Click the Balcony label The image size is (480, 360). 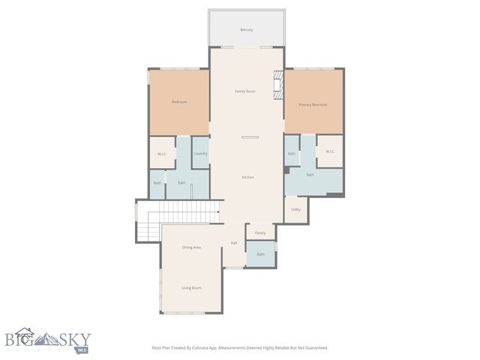[246, 30]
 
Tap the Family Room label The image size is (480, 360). [245, 91]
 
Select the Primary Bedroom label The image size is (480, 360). [313, 105]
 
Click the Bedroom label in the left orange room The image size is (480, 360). [178, 102]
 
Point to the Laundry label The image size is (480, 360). [200, 154]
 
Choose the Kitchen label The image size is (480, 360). [247, 177]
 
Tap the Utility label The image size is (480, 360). [295, 209]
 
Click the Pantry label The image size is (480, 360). [260, 232]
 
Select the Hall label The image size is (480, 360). [234, 243]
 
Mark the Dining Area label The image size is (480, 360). [191, 247]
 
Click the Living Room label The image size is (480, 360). [191, 288]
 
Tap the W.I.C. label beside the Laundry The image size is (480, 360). [162, 154]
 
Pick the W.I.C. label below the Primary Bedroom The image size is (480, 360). [330, 151]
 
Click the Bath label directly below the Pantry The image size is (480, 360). [260, 254]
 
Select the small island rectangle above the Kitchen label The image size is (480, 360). [250, 137]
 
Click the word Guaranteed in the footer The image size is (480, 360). [314, 348]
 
